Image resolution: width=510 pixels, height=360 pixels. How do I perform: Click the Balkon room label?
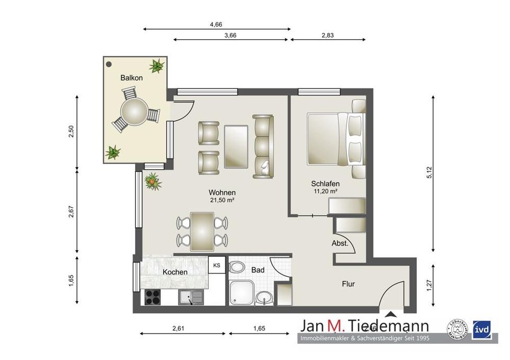click(131, 78)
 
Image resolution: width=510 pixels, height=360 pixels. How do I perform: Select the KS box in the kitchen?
click(217, 265)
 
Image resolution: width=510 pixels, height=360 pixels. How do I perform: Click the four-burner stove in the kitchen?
click(153, 298)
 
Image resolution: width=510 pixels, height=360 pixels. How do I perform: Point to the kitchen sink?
click(189, 298)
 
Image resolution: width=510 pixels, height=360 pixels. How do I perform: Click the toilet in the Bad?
click(238, 267)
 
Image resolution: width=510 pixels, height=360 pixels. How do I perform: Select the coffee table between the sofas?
click(236, 146)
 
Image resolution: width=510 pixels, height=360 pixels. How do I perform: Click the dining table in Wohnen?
click(202, 231)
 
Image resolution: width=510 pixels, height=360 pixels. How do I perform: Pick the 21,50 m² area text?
click(222, 201)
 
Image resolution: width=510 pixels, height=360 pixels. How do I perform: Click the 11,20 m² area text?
click(325, 191)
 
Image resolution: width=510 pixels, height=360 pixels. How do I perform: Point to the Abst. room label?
click(339, 244)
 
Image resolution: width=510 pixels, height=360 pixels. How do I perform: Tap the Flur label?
click(348, 284)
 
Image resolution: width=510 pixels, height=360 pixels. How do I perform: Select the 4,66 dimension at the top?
click(216, 24)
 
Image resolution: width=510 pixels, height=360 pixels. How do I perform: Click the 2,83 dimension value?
click(328, 35)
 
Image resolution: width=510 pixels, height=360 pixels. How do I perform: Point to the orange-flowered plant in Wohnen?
click(152, 181)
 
